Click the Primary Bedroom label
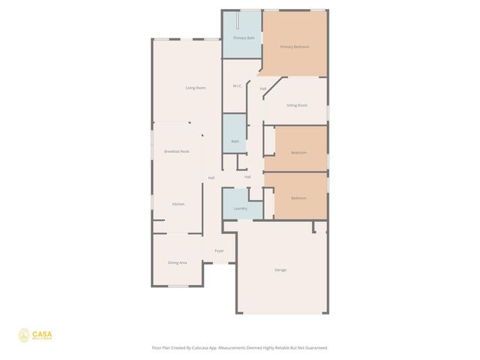coord(295,46)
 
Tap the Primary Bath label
coord(244,37)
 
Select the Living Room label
coord(196,88)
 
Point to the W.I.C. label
coord(237,85)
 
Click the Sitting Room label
coord(297,105)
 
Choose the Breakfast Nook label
coord(177,151)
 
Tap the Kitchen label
coord(178,204)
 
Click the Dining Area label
coord(178,262)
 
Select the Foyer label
coord(220,250)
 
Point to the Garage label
coord(280,269)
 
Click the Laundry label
coord(241,208)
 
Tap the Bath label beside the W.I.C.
coord(235,141)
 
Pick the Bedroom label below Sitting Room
coord(298,152)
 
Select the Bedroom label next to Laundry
coord(298,198)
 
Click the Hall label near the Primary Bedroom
coord(263,89)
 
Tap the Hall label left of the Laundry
coord(211,178)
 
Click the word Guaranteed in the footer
coord(313,348)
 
